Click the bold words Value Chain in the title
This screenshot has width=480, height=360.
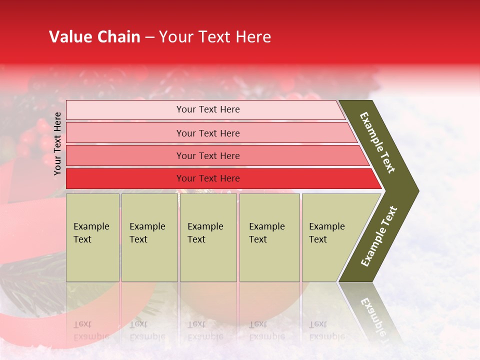click(x=94, y=37)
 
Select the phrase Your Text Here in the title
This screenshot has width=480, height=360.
click(x=215, y=37)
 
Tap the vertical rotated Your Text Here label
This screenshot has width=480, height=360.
click(x=57, y=143)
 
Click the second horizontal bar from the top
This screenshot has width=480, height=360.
click(x=208, y=133)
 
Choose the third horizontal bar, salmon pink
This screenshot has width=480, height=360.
click(x=208, y=155)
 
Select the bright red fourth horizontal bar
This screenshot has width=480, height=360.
click(x=208, y=178)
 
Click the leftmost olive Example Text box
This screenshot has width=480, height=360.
click(x=92, y=237)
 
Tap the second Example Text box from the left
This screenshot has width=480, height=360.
click(x=149, y=237)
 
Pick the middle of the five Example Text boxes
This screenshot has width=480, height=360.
click(x=208, y=237)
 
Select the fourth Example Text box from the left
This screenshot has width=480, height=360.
click(x=269, y=237)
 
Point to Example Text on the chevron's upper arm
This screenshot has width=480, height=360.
click(x=377, y=142)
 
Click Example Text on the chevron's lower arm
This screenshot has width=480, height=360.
click(x=379, y=236)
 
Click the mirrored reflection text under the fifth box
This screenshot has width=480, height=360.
click(x=326, y=330)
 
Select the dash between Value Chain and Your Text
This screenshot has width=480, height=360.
click(x=149, y=37)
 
